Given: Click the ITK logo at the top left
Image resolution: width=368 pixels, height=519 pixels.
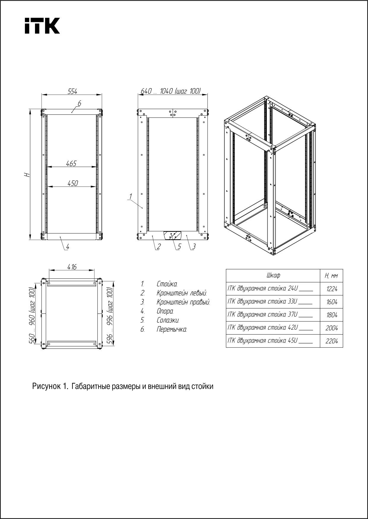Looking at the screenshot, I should [42, 26].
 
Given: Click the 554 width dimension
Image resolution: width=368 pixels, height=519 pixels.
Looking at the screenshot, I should [72, 92].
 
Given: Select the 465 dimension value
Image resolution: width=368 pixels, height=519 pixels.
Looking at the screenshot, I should [71, 163].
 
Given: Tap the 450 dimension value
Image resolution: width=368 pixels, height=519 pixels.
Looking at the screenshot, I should [72, 183].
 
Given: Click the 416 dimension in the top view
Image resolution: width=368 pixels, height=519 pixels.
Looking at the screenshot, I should [72, 267].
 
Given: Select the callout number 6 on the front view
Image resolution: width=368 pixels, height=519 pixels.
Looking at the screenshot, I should [79, 104].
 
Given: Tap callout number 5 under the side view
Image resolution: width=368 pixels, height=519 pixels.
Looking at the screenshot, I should [179, 246].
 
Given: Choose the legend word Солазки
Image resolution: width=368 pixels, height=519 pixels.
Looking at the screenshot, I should [168, 320].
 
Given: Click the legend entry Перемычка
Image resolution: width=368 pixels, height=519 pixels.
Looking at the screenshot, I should [172, 329].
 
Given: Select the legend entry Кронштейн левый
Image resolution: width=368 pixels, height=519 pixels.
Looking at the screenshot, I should [182, 293].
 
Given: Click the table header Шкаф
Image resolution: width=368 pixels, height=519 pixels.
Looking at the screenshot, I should [273, 276].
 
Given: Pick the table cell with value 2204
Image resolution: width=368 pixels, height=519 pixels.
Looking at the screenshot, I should [331, 341].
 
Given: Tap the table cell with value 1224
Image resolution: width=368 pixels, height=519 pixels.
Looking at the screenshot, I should [331, 289].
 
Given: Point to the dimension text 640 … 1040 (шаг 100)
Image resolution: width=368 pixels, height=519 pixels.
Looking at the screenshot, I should [170, 91].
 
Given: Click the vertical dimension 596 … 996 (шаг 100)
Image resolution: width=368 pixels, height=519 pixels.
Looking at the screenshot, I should [110, 316].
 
